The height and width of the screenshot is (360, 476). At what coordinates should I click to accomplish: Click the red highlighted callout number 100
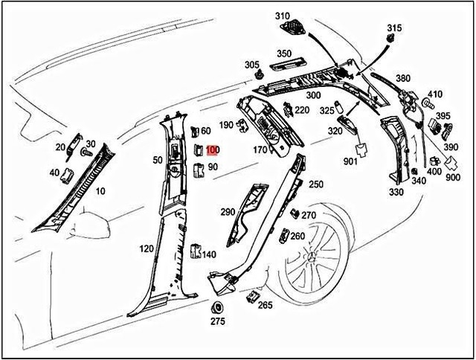pos(213,150)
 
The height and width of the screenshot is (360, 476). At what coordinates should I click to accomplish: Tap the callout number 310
pos(281,16)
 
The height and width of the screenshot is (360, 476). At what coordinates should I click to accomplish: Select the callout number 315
pos(393,28)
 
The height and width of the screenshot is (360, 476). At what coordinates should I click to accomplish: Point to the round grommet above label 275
pos(217,307)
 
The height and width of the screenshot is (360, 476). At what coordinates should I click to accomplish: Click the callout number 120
pos(146,248)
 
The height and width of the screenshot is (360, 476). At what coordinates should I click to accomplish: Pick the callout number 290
pos(228,212)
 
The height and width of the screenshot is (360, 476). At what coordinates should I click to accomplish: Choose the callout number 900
pos(452,179)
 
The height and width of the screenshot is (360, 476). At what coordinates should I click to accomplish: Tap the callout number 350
pos(284,54)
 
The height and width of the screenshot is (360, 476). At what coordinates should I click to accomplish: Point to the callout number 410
pos(434,94)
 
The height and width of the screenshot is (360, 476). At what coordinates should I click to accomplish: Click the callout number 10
pos(100,192)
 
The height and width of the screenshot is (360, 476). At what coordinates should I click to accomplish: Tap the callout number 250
pos(316,184)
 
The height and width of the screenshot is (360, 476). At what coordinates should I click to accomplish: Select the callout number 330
pos(395,192)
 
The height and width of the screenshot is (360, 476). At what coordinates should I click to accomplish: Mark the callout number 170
pos(260,150)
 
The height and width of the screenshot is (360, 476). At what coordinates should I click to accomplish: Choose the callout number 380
pos(402,79)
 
